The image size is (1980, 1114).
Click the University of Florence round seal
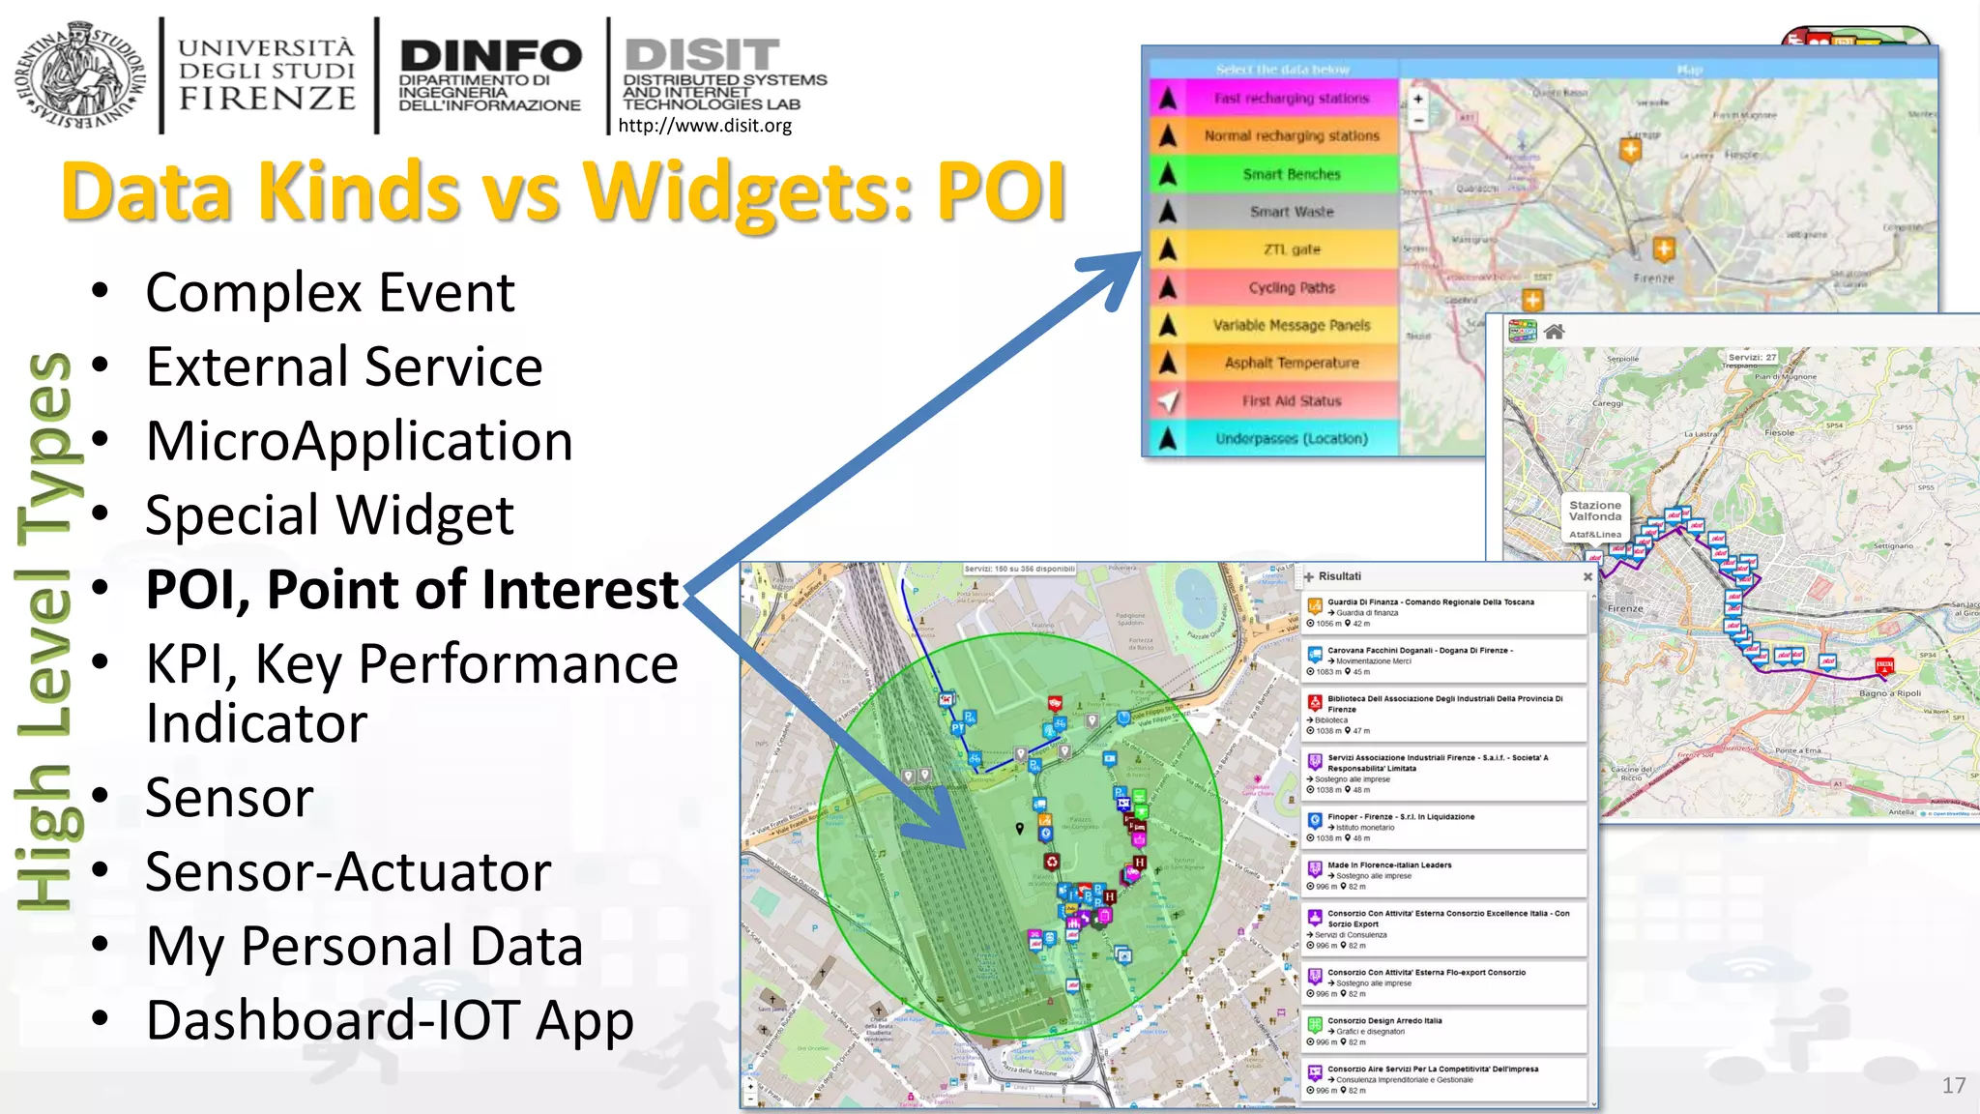(80, 75)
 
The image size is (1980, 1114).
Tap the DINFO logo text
(490, 56)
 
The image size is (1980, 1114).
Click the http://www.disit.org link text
(705, 126)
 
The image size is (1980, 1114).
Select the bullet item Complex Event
(330, 292)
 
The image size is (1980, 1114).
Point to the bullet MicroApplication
(359, 441)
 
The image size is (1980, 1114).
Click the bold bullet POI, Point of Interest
(413, 589)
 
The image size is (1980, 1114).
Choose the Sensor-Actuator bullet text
(348, 871)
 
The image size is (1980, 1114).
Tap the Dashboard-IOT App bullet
(390, 1020)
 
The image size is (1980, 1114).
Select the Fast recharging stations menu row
(1292, 99)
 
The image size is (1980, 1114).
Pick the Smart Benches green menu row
(1292, 174)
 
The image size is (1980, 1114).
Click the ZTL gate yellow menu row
(1292, 249)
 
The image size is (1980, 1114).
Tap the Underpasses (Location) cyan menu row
(1292, 438)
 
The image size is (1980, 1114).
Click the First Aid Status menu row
(1292, 400)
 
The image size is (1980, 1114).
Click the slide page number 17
(1953, 1085)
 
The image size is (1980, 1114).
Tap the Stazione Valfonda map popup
(1595, 517)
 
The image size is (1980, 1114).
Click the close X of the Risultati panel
(1587, 576)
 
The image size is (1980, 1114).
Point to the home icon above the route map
(1554, 332)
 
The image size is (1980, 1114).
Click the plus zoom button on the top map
(1418, 99)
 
